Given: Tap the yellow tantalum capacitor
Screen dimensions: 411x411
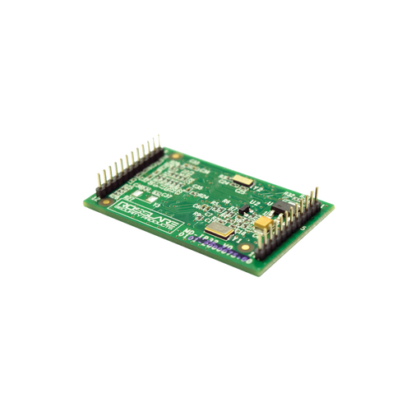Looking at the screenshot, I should coord(266,221).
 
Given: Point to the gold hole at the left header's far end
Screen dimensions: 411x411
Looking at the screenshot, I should coord(175,153).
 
